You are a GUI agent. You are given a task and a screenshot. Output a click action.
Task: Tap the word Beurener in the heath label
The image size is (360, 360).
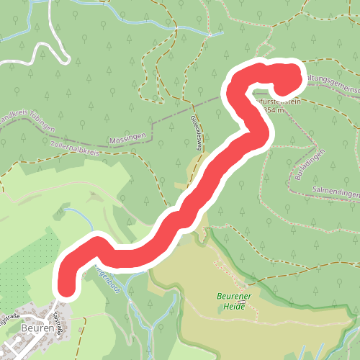coord(233,297)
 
